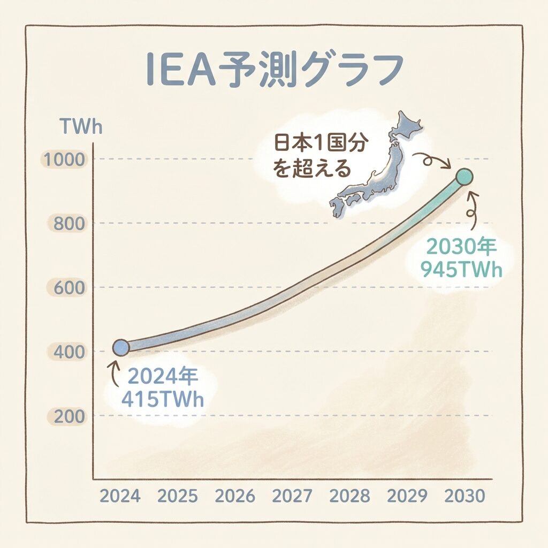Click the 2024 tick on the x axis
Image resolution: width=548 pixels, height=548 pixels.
click(120, 496)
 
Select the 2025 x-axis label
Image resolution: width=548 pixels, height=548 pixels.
click(177, 496)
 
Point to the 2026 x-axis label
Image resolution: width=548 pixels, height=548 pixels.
click(235, 496)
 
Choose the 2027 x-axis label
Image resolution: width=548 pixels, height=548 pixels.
click(292, 496)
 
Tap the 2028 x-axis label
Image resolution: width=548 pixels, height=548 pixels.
click(349, 496)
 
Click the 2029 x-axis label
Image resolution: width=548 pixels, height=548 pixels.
click(407, 496)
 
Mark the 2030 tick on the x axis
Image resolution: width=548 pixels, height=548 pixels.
click(464, 496)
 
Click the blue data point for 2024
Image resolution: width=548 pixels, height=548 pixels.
click(121, 347)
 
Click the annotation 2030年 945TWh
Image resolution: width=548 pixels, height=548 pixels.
click(461, 258)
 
